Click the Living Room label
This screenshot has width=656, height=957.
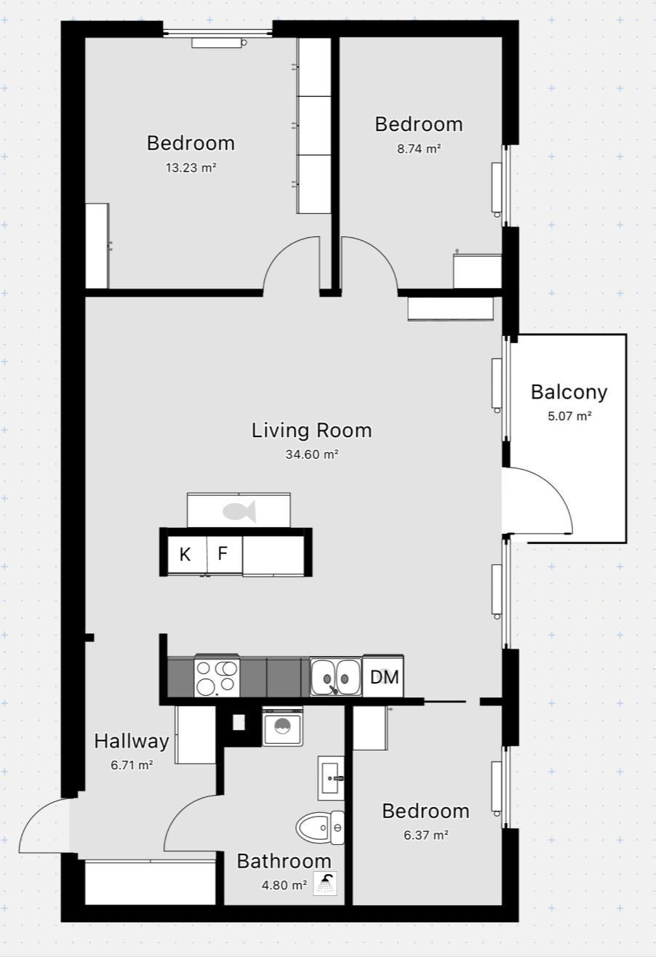pos(311,431)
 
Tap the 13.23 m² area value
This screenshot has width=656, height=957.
pos(191,168)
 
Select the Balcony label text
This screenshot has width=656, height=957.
pos(569,393)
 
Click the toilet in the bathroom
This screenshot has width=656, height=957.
pos(320,828)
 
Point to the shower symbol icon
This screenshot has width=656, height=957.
pos(325,883)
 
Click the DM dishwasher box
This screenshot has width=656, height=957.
pos(383,677)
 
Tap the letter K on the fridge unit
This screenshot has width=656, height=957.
pos(185,555)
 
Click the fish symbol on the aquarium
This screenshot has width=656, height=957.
pos(239,511)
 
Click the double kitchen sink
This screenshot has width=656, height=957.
pos(336,677)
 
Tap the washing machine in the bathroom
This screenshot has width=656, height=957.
pos(282,727)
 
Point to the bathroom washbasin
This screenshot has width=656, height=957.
pos(331,778)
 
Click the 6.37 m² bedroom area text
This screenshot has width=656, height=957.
pos(426,835)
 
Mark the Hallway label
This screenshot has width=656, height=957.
pos(131,741)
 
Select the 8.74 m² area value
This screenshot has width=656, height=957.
pos(419,149)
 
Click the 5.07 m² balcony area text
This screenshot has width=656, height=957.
pos(569,416)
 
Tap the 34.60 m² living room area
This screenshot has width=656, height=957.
pos(312,455)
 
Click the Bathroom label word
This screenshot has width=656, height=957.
pos(284,861)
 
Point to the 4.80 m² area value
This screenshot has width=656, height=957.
pos(284,885)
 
